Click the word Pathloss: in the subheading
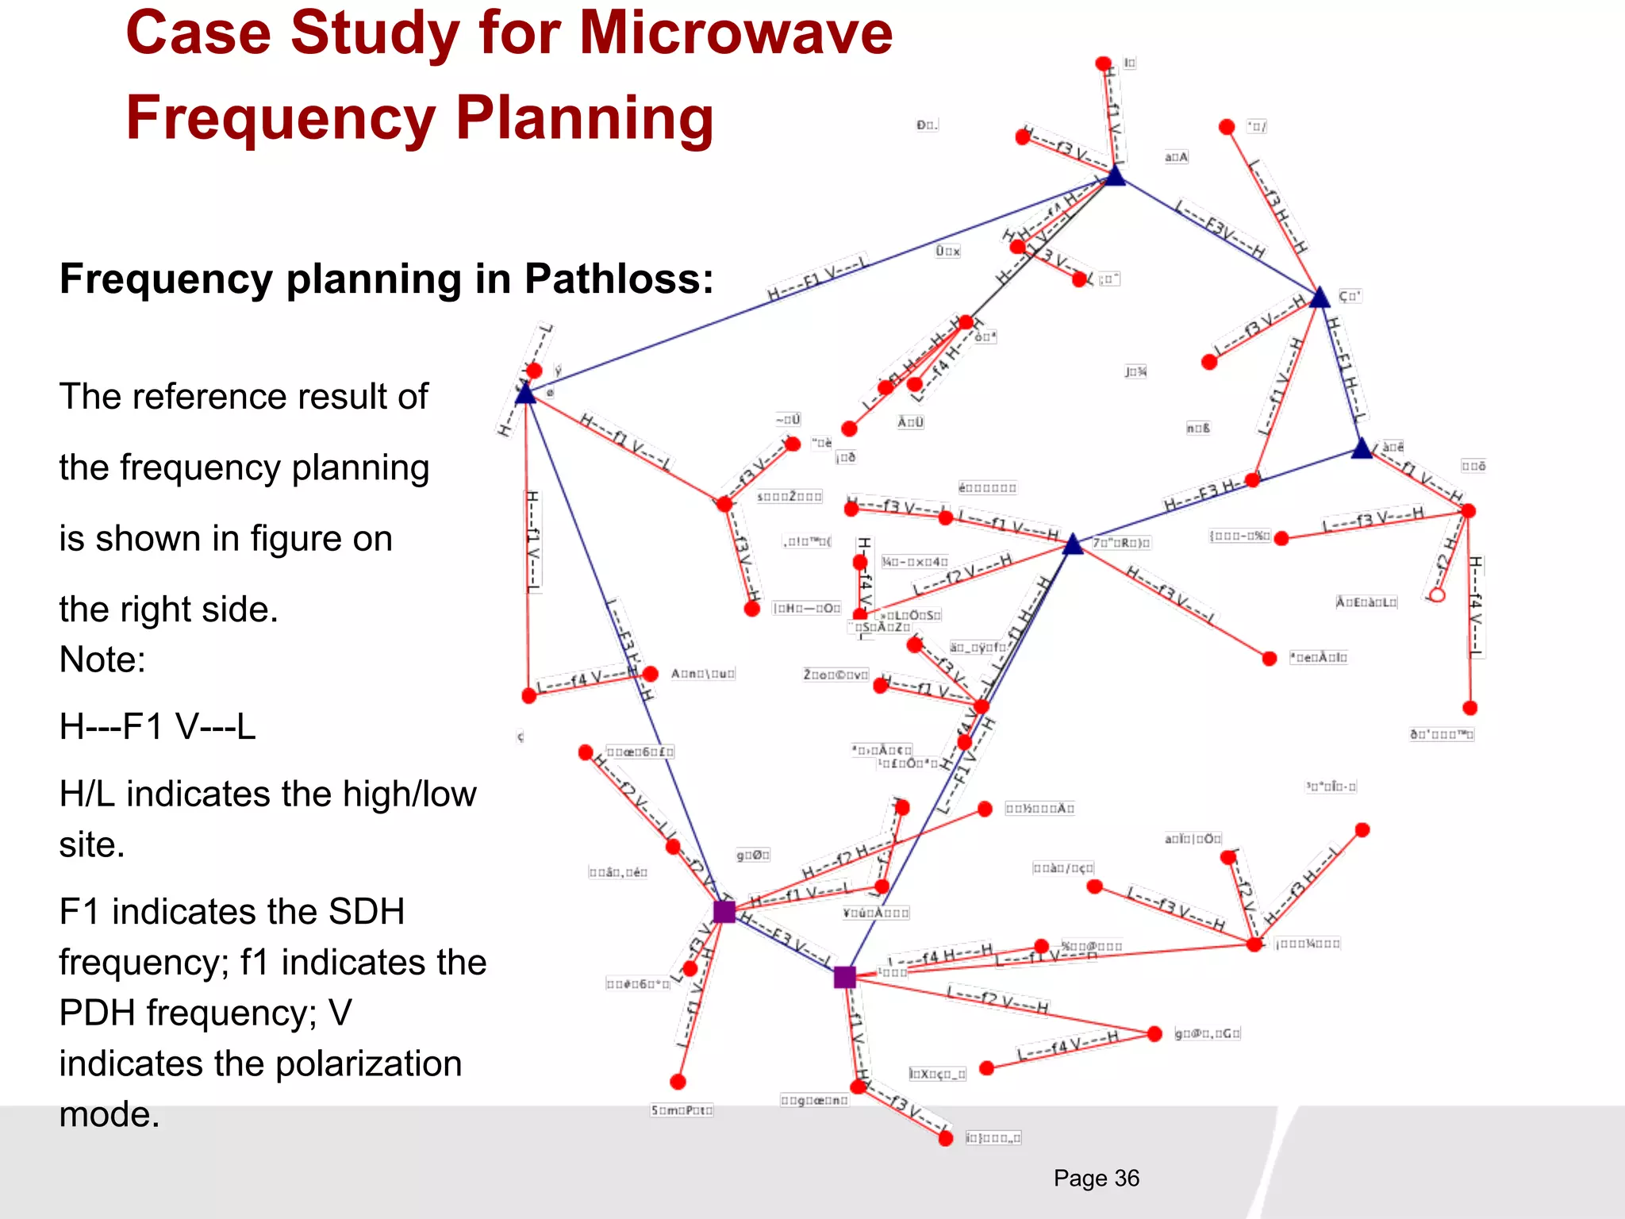coord(619,279)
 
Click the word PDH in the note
coord(96,1013)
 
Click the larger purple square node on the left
coord(724,911)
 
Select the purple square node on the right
coord(844,977)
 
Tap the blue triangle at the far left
coord(525,394)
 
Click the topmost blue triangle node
coord(1116,176)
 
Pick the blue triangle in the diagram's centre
coord(1073,545)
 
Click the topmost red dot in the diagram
coord(1103,63)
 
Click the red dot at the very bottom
coord(945,1139)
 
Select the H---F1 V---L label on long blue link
coord(817,278)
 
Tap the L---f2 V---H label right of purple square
coord(997,1000)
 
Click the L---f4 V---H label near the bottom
coord(1068,1047)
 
